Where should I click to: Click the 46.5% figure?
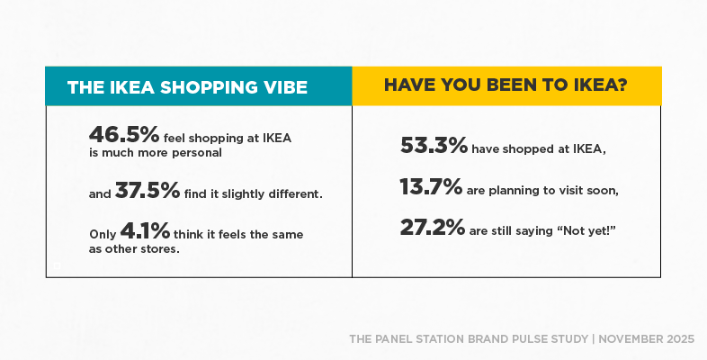click(x=124, y=134)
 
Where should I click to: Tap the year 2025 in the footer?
click(x=680, y=339)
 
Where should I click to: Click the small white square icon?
click(x=57, y=265)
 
